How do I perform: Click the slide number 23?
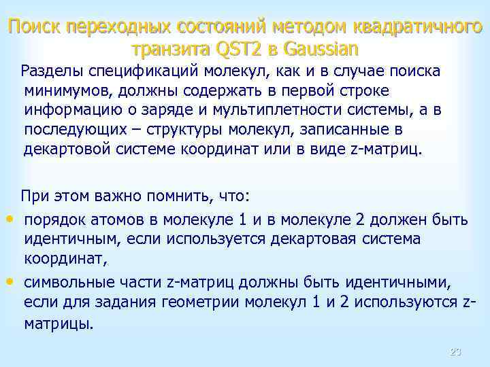(456, 352)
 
